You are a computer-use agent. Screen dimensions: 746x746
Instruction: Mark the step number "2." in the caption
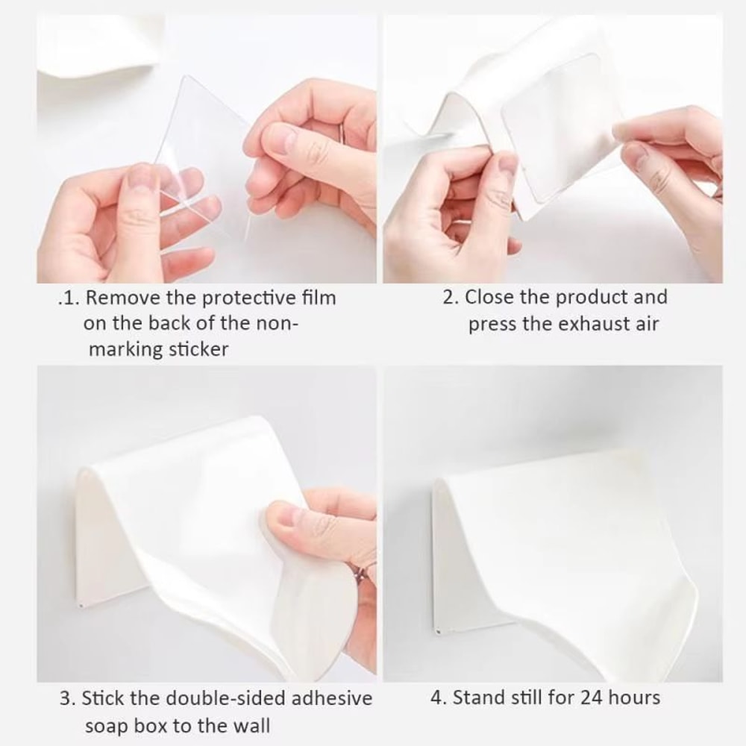click(451, 297)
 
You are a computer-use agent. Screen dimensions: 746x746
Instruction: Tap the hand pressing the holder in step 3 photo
click(328, 545)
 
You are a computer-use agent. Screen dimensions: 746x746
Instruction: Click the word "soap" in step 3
click(106, 725)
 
